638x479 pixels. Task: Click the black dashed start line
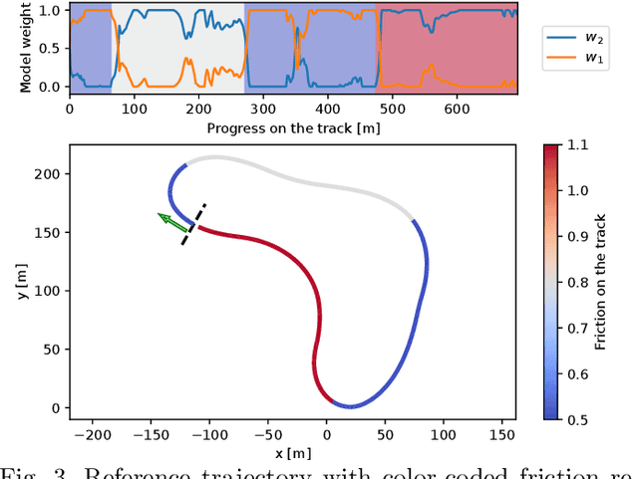(193, 224)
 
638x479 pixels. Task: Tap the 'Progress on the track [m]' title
(292, 127)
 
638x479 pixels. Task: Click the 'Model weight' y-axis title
(27, 48)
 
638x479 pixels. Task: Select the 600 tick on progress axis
(457, 108)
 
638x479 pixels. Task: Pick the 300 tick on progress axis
(262, 108)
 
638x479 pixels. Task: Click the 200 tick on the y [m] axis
(49, 174)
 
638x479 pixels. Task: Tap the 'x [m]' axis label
(292, 453)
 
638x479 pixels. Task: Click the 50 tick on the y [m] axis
(53, 350)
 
